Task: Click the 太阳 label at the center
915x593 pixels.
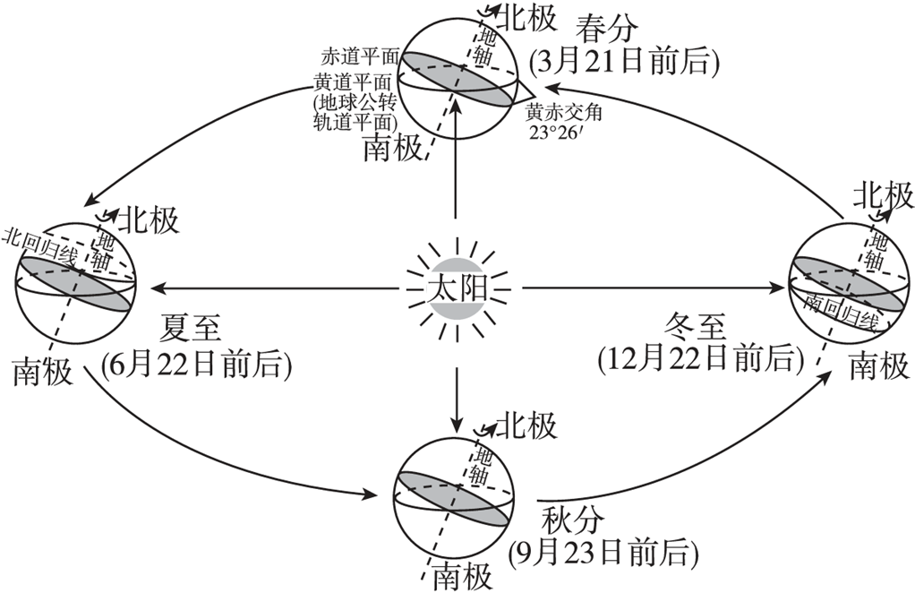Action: coord(457,289)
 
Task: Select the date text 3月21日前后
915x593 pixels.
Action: coord(625,62)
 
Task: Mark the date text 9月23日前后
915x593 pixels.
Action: coord(603,553)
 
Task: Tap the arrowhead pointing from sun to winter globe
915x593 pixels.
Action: coord(780,288)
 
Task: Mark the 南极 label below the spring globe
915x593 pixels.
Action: coord(392,149)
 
